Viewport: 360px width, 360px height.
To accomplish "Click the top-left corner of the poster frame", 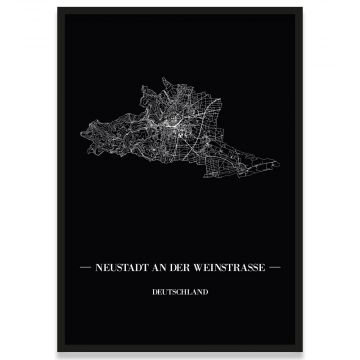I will [59, 7].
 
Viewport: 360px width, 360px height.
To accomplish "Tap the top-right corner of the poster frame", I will [304, 7].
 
